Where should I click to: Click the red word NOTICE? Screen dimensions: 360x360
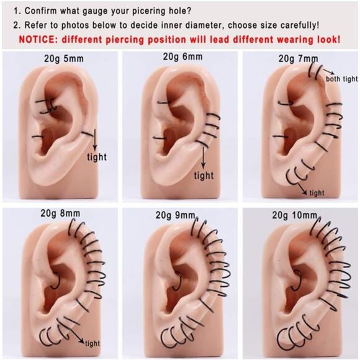point(38,40)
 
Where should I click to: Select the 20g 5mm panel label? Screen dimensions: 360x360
point(64,59)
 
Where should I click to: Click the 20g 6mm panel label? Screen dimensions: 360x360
point(182,56)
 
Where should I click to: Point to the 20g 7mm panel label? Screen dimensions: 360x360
point(298,59)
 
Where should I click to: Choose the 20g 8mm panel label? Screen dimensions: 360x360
point(60,214)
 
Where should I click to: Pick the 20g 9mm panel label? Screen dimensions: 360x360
point(176,215)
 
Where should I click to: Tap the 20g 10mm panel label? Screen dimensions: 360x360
point(295,215)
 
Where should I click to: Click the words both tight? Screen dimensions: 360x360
point(341,79)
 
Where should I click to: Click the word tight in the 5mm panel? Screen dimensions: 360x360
point(97,157)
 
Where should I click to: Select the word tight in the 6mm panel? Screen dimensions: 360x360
point(204,176)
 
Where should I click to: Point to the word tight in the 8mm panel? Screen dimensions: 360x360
point(92,343)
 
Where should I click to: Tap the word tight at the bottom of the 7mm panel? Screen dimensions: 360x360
point(317,193)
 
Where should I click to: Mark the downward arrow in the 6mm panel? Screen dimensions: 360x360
point(203,158)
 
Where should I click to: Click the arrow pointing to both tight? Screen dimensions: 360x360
point(328,71)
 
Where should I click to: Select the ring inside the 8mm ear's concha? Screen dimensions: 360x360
point(56,281)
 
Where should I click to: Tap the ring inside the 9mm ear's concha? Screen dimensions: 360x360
point(178,281)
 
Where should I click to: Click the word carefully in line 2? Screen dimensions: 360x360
point(295,25)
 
